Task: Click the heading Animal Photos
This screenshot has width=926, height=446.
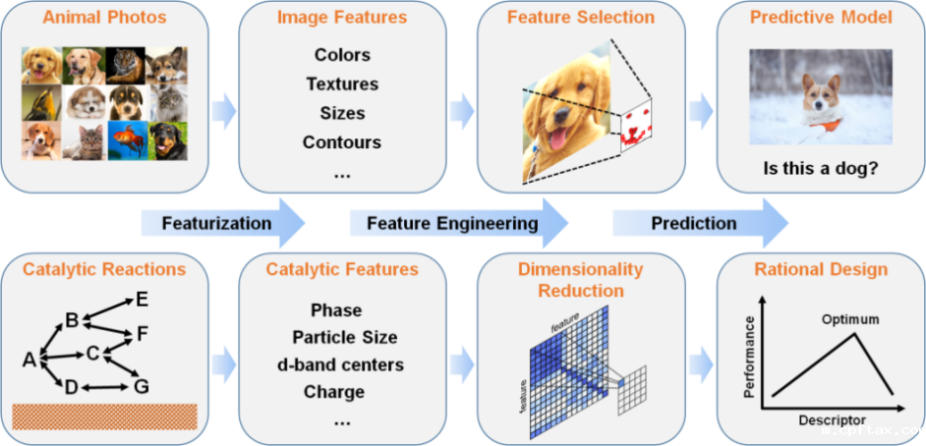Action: click(103, 18)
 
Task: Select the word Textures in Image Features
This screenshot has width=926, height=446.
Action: click(341, 84)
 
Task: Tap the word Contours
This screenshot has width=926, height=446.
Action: click(341, 142)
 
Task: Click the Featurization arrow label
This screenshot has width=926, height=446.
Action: click(216, 223)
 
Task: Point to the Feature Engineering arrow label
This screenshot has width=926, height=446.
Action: click(452, 223)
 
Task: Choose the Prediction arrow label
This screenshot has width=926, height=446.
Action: click(693, 223)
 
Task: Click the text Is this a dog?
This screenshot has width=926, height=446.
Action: click(821, 168)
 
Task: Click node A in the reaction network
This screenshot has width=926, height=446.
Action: click(29, 361)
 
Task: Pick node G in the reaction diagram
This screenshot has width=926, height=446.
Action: click(142, 386)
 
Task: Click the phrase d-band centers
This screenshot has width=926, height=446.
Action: click(340, 364)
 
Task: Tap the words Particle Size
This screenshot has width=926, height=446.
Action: click(344, 337)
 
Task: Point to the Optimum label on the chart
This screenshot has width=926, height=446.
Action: click(850, 319)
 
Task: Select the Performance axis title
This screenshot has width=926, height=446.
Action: click(750, 355)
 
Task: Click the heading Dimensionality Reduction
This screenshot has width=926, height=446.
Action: click(580, 279)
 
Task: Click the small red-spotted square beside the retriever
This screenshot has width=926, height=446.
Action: click(636, 128)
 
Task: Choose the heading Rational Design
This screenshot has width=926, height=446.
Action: click(821, 269)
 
